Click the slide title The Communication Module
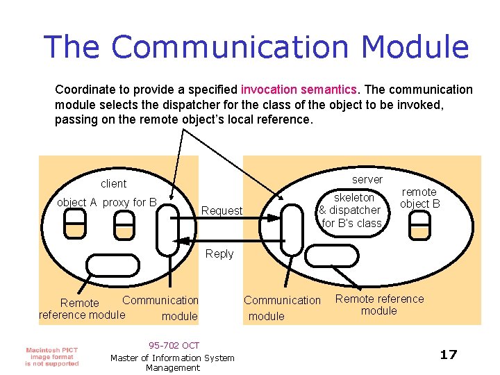(257, 47)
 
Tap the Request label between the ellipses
(222, 210)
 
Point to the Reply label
(219, 254)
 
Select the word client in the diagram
(114, 184)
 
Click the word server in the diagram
(367, 179)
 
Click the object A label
(77, 203)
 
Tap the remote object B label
(419, 198)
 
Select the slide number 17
(449, 355)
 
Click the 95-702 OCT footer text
(174, 345)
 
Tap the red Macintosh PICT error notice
(52, 356)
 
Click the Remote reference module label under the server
(379, 305)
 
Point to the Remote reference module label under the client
(81, 309)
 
